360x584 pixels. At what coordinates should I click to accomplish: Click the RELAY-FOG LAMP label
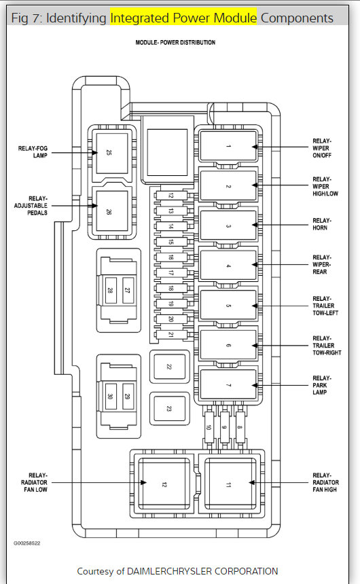tap(33, 152)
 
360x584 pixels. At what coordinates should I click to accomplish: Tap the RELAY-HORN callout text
tap(321, 224)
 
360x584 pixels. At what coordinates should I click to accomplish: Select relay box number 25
tap(112, 153)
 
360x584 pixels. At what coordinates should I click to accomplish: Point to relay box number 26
tap(112, 212)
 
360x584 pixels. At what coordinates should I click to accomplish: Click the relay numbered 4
tap(228, 266)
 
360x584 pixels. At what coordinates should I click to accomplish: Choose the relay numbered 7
tap(228, 385)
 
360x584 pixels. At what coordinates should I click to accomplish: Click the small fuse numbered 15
tap(171, 242)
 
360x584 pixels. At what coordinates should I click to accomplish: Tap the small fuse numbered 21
tap(171, 335)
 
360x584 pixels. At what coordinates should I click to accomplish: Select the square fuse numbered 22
tap(170, 367)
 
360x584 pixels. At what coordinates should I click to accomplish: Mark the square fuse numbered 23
tap(170, 409)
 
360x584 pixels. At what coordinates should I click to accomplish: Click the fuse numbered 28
tap(110, 290)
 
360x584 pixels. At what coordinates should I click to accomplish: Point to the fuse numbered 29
tap(128, 397)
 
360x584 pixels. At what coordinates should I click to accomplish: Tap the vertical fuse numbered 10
tap(209, 427)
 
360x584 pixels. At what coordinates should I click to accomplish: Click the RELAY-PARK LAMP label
tap(321, 385)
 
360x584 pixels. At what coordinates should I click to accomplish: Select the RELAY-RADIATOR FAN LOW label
tap(34, 482)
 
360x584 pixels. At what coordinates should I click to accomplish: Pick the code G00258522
tap(27, 543)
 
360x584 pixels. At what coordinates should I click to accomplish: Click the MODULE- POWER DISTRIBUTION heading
tap(175, 43)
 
